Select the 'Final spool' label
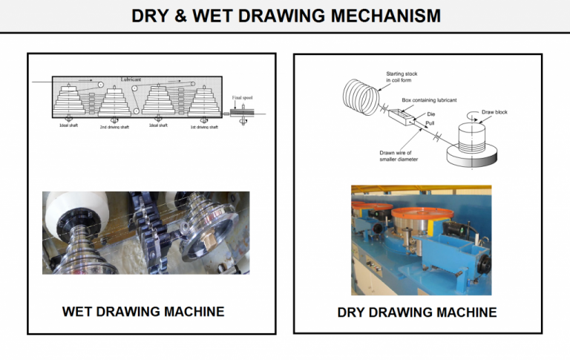click(x=242, y=98)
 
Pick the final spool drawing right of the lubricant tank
click(x=243, y=113)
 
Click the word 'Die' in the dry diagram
click(x=430, y=114)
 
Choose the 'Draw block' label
click(x=494, y=112)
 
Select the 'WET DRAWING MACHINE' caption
click(x=143, y=311)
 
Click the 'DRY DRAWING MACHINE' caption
click(x=416, y=312)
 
